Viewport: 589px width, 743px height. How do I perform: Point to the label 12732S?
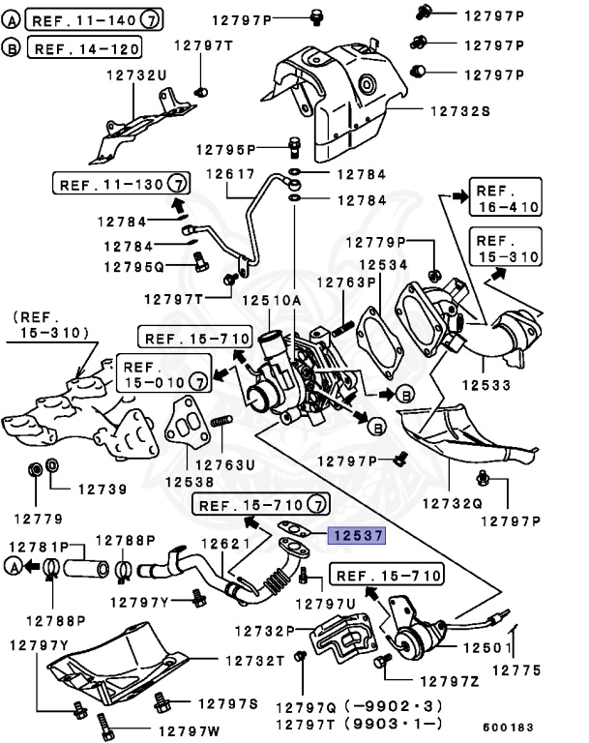[459, 111]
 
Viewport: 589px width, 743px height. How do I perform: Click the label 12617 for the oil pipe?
[228, 174]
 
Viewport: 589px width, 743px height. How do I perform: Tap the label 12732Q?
[453, 503]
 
